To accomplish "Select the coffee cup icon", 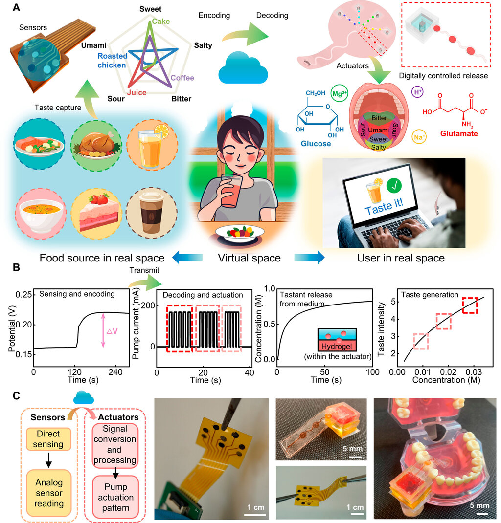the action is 152,212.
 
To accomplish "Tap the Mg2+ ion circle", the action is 339,93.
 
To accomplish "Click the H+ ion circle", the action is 417,92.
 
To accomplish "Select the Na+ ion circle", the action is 419,137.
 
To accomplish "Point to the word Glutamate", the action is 458,134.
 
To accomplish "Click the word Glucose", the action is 316,144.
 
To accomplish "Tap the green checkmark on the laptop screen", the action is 394,185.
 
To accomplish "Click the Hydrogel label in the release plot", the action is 337,346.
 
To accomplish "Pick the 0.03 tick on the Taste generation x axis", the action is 474,372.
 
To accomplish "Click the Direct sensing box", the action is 48,439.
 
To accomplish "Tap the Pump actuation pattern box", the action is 115,497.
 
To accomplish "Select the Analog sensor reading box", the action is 49,493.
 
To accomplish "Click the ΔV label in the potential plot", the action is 112,331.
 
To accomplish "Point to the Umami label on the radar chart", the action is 94,45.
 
